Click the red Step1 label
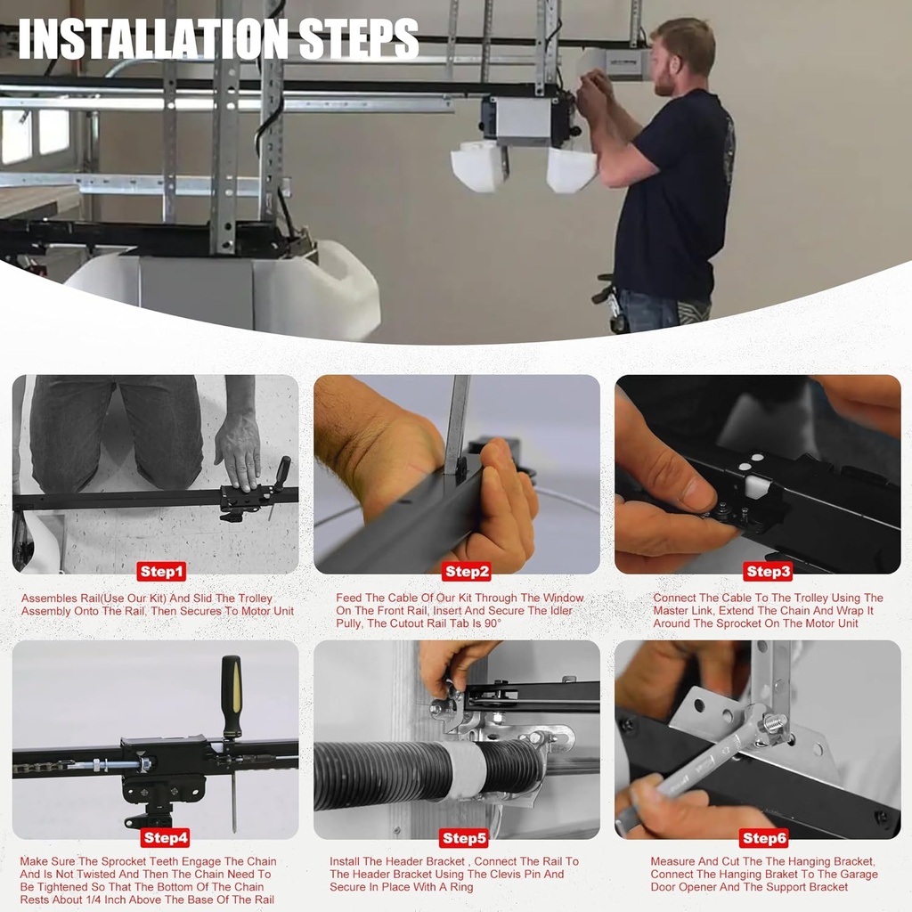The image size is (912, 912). pos(162,572)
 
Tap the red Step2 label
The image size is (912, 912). pos(467,572)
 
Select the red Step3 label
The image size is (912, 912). pos(768,572)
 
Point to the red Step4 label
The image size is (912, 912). pos(166,837)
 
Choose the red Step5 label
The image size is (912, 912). pos(463,838)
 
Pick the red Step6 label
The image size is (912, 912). pos(764,838)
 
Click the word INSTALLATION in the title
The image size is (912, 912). pos(153,39)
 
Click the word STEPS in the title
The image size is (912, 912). pos(359,39)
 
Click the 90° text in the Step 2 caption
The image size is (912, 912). pos(492,623)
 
